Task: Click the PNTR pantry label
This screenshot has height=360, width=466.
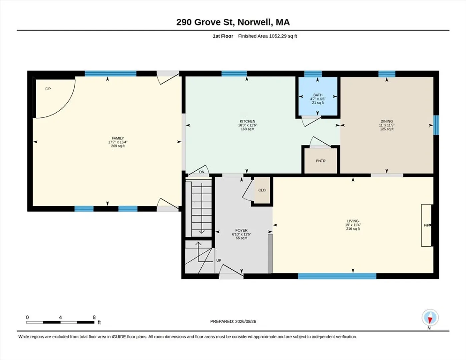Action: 321,161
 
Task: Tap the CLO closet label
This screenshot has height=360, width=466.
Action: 262,190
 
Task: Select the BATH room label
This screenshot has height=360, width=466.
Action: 318,95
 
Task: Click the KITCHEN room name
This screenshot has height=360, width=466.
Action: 247,121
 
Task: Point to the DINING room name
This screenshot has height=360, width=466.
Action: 387,121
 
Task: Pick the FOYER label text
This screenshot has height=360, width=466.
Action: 241,230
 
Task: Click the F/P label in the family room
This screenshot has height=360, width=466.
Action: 48,89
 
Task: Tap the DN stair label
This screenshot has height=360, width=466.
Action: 202,172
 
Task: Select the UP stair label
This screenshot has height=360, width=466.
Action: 219,261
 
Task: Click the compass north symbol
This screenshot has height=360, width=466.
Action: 430,318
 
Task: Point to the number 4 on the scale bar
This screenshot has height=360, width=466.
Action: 60,317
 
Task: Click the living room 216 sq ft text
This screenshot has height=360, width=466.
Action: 353,229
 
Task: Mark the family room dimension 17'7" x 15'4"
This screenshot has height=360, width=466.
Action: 118,142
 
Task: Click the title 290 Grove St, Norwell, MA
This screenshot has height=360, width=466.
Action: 233,22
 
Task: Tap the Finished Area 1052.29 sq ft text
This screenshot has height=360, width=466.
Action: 267,36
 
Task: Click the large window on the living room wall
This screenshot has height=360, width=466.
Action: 337,276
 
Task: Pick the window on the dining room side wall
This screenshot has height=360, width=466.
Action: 436,125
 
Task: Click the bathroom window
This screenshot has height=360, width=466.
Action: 313,74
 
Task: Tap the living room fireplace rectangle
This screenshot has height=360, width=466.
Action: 426,225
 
